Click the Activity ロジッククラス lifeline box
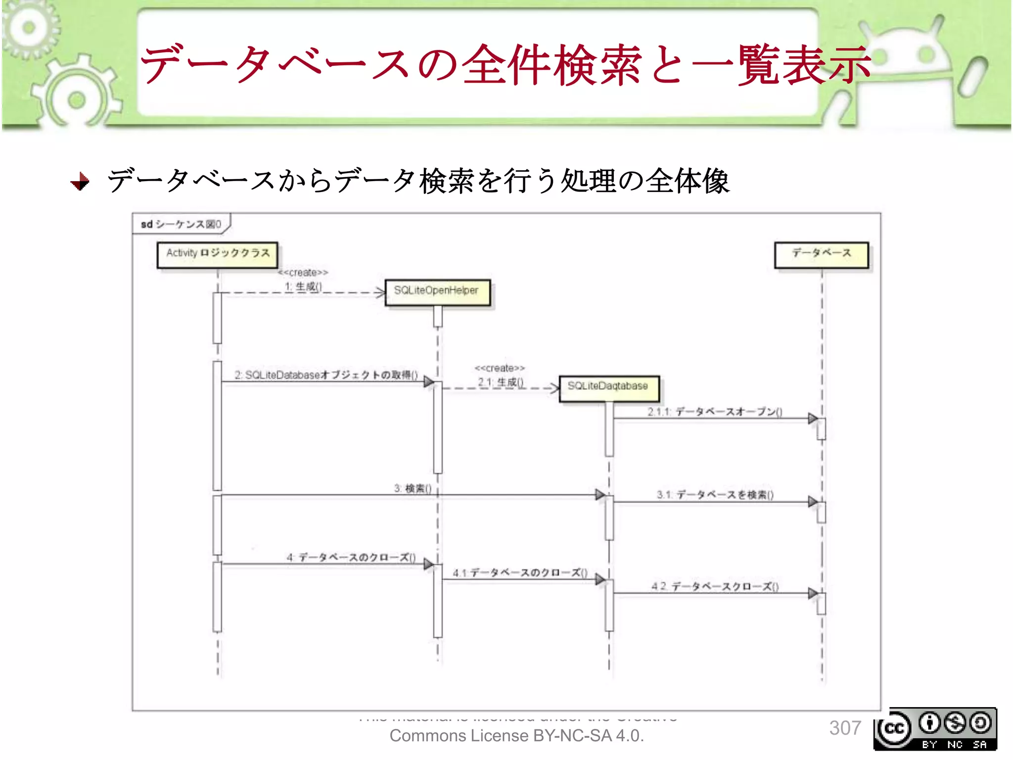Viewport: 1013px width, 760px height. tap(217, 254)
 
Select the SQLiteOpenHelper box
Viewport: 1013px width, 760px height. tap(437, 292)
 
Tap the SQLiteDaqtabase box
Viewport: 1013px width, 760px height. tap(609, 387)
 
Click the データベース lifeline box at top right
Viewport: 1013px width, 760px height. tap(821, 254)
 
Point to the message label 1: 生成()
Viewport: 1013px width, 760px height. tap(303, 286)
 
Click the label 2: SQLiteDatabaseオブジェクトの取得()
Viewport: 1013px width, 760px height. tap(326, 375)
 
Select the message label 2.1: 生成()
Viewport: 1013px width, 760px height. tap(500, 382)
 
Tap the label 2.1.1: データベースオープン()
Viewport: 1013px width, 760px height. tap(715, 412)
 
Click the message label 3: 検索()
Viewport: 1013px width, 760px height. tap(413, 489)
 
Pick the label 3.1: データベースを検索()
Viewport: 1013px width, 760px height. tap(715, 495)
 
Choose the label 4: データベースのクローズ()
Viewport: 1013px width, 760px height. tap(351, 558)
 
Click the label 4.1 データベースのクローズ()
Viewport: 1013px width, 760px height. tap(520, 573)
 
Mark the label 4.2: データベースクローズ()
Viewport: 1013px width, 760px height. tap(715, 587)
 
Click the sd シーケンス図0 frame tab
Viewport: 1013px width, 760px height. tap(181, 224)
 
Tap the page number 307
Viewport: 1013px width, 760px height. tap(845, 728)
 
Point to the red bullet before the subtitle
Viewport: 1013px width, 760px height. tap(80, 182)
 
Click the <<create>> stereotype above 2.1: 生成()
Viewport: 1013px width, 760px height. tap(500, 368)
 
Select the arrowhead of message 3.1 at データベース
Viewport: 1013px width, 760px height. tap(812, 502)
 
